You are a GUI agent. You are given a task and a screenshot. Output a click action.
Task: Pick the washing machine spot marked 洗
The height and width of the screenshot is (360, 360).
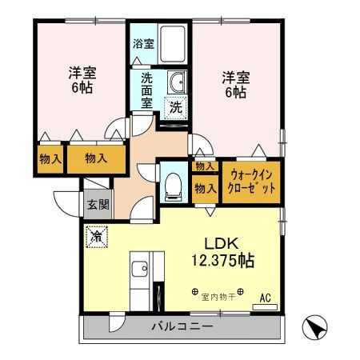174,106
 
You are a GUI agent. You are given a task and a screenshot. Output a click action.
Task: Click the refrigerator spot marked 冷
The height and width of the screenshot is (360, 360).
96,237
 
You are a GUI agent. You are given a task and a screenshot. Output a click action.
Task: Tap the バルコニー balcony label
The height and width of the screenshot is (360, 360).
182,327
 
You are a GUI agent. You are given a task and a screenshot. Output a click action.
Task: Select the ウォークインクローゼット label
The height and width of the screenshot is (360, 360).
254,180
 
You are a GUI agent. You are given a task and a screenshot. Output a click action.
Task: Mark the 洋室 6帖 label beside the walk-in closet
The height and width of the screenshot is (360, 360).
236,84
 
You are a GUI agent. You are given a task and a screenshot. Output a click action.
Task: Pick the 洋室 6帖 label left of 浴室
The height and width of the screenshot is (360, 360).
79,80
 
